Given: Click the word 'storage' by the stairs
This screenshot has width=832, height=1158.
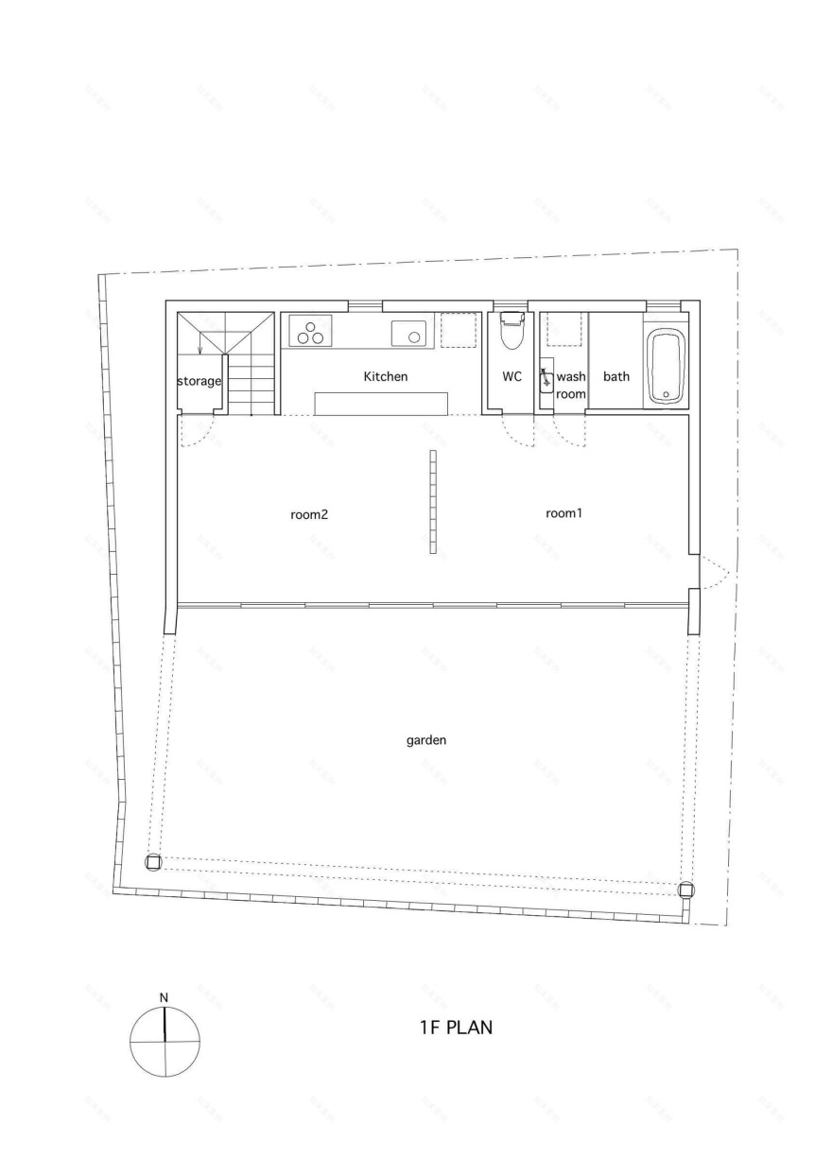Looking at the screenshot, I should click(x=199, y=382).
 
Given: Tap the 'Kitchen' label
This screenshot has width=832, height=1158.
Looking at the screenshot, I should click(x=386, y=376).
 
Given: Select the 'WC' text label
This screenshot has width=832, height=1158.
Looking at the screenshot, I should click(x=511, y=376).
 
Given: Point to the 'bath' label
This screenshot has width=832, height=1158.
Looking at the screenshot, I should click(x=616, y=376).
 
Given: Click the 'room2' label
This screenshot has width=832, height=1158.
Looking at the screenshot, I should click(x=309, y=515).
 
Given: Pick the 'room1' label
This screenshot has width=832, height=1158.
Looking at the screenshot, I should click(x=563, y=513).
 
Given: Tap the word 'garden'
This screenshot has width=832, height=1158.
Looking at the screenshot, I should click(x=426, y=740).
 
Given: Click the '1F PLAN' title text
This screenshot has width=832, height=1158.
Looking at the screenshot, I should click(x=456, y=1028).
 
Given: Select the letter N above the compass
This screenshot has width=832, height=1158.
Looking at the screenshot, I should click(x=164, y=997).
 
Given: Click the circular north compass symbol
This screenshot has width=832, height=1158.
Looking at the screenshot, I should click(x=165, y=1042).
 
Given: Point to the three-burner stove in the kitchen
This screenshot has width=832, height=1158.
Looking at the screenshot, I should click(x=310, y=332).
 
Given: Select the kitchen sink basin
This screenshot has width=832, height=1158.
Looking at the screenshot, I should click(x=409, y=333).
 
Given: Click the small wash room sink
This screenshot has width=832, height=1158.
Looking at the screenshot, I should click(x=546, y=381).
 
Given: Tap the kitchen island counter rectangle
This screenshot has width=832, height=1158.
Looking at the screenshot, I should click(x=382, y=403).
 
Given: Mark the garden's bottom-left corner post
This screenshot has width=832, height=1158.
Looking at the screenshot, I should click(x=153, y=862).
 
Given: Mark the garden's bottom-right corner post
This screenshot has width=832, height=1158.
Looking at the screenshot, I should click(x=686, y=890).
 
